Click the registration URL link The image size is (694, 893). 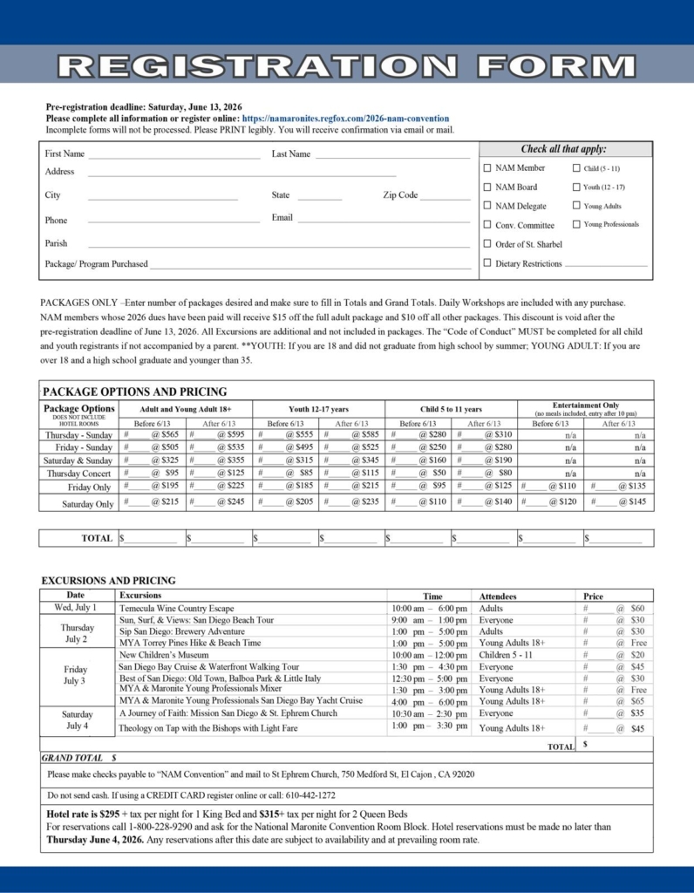click(346, 119)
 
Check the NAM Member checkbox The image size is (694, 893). click(487, 167)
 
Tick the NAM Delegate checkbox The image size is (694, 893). click(487, 206)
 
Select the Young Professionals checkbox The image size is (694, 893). click(576, 225)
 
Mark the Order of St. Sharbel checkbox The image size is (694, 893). click(487, 244)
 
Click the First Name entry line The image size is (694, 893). click(173, 156)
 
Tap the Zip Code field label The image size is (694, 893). click(400, 195)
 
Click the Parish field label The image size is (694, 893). click(56, 243)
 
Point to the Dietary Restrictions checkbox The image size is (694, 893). click(487, 263)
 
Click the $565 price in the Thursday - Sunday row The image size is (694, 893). click(169, 434)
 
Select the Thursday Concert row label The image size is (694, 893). click(78, 474)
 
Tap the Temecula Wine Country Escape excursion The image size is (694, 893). click(177, 608)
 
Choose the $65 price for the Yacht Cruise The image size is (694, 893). click(637, 700)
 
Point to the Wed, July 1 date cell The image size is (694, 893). click(76, 608)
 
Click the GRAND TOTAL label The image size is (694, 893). click(71, 758)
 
